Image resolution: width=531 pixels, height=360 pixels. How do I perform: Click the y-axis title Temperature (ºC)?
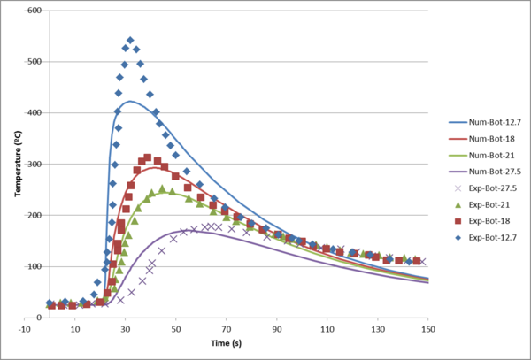point(17,165)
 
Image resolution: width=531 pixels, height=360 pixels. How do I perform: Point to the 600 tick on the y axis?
point(33,11)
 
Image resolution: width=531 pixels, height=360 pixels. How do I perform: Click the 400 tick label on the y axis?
point(33,113)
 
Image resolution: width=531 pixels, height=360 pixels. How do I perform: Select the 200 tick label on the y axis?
point(33,216)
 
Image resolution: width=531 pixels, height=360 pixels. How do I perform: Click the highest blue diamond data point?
point(130,40)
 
